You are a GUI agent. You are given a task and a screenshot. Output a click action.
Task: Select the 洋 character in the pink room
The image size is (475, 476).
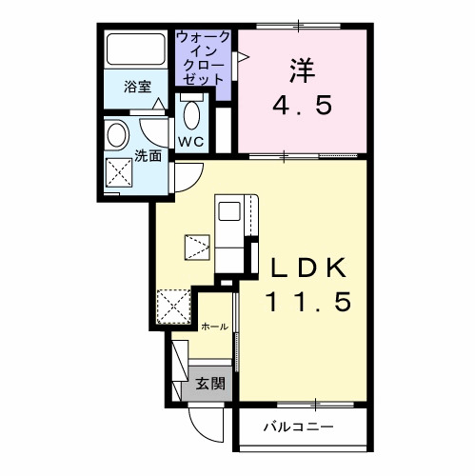pos(303,69)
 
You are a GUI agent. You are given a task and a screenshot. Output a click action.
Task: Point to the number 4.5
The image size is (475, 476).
pos(303,105)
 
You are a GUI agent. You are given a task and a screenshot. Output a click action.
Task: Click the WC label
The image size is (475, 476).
pos(191,143)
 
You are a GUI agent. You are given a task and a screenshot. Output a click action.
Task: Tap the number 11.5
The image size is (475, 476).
pos(308,303)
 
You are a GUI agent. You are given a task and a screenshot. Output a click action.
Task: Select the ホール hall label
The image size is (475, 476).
pos(214,327)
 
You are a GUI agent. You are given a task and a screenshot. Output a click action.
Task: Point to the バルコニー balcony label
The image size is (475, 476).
pos(298,426)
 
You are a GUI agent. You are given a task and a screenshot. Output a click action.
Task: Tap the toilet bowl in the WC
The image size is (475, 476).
pos(191,118)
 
